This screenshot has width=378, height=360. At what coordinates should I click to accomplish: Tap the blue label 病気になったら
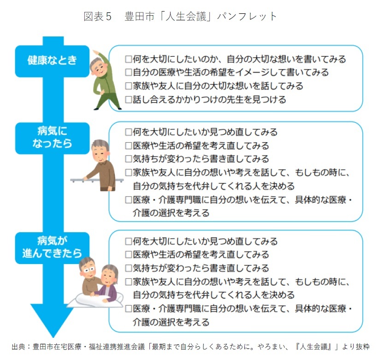tap(52, 138)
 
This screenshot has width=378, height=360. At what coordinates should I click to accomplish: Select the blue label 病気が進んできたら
tap(52, 248)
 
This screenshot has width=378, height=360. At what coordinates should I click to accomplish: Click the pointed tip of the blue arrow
tap(53, 337)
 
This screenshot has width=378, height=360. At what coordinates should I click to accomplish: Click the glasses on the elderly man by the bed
tap(89, 270)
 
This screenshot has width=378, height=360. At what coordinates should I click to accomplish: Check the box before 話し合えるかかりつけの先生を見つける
tap(129, 100)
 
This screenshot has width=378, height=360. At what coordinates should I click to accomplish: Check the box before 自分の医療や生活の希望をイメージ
tap(129, 72)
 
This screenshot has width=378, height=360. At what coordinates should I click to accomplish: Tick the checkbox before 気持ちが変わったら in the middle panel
tap(129, 159)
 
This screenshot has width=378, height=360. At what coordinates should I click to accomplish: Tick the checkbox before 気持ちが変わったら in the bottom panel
tap(129, 268)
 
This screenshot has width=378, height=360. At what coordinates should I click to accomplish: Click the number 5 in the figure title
tap(108, 17)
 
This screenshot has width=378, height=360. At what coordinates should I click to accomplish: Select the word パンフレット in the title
tap(247, 17)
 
